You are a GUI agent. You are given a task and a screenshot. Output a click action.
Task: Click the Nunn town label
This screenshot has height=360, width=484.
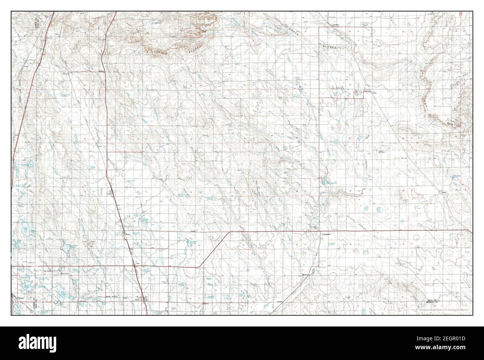[x=109, y=194]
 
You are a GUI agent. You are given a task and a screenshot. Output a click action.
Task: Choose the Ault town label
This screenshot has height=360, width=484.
[x=137, y=263]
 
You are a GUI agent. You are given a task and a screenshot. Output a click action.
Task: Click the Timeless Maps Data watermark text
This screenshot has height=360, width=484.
[x=443, y=310]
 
